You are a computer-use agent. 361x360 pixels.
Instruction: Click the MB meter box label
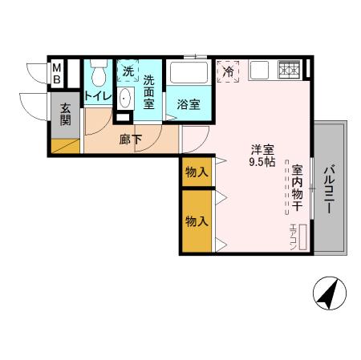click(x=57, y=74)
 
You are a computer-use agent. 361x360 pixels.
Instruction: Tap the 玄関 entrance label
click(x=66, y=115)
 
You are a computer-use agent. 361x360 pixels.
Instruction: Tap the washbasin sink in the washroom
click(x=125, y=99)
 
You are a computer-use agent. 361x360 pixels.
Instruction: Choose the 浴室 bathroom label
click(x=189, y=104)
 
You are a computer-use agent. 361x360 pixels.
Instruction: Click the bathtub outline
click(x=190, y=74)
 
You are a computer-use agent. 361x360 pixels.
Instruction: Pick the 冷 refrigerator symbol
click(x=229, y=71)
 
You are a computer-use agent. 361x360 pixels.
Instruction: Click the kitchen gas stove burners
click(x=288, y=71)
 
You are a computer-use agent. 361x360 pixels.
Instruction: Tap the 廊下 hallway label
click(x=131, y=140)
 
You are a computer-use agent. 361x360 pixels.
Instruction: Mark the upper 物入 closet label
click(x=197, y=172)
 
